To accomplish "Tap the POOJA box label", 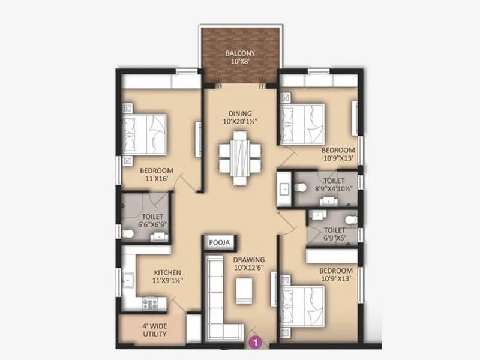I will coord(219,242).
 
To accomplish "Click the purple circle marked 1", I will coord(256,343).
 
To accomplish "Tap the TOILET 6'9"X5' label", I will coord(334,233).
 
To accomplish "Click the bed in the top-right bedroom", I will coord(303,122).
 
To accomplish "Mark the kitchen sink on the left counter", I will coord(128,280).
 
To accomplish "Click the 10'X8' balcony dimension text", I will coord(240,61).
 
